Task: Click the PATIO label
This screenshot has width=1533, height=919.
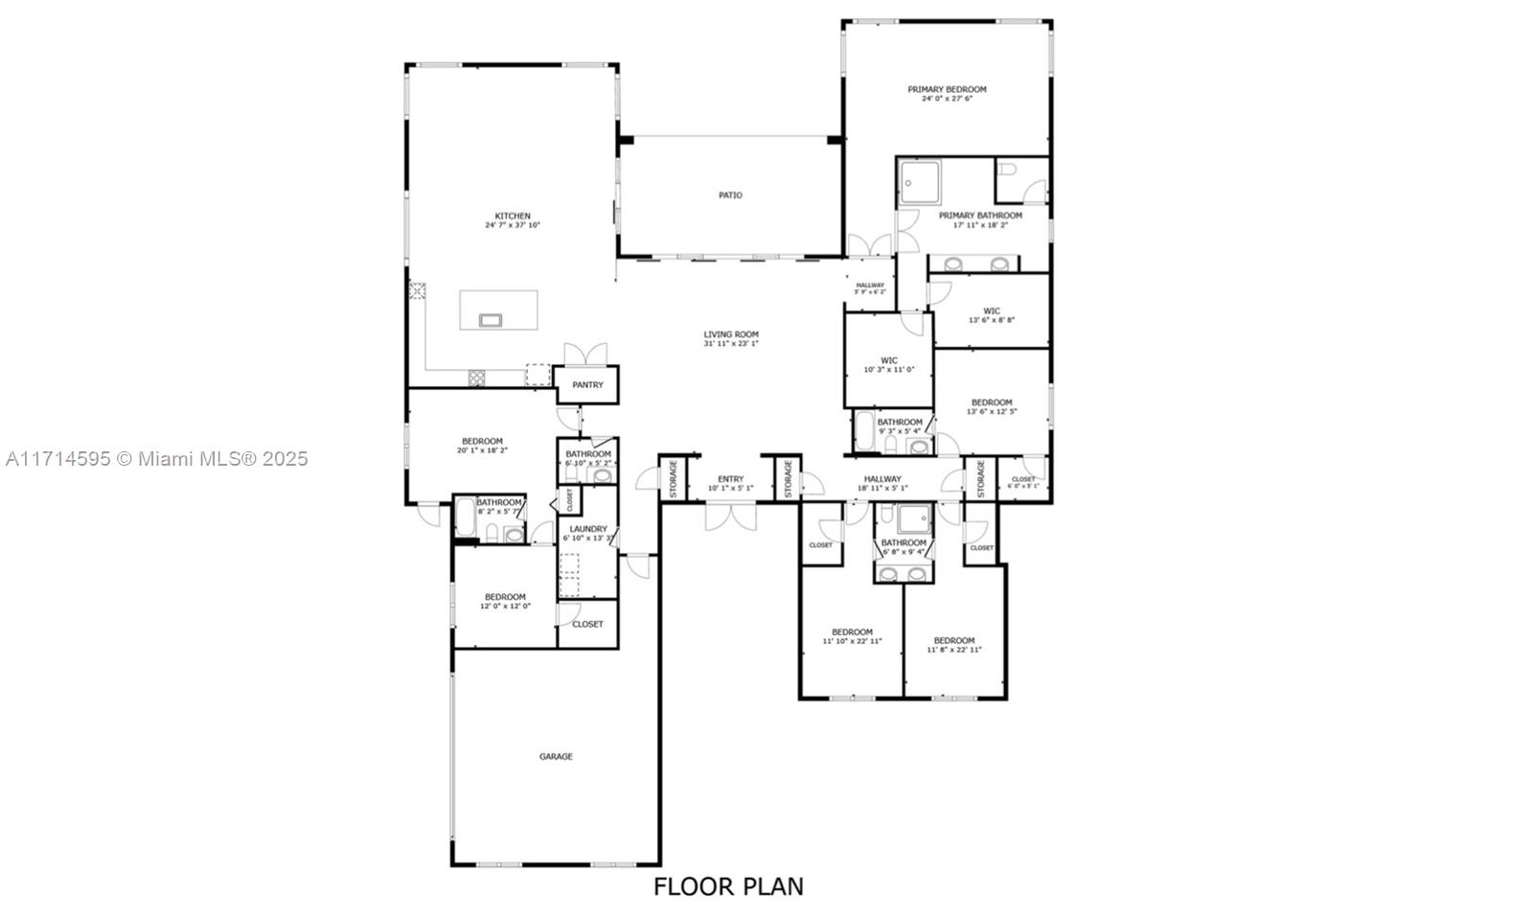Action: pos(730,195)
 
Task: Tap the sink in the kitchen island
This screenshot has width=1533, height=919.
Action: pos(490,320)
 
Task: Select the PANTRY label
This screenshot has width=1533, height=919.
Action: pos(587,385)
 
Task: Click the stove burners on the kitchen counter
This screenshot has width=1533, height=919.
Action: pos(476,378)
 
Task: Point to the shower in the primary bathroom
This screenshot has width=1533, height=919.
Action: pos(920,181)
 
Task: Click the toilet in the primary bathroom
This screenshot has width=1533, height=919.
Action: pos(1007,170)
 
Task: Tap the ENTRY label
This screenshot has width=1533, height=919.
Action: pos(730,479)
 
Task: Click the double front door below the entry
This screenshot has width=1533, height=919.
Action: pos(730,517)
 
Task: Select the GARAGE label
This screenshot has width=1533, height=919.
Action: pos(556,757)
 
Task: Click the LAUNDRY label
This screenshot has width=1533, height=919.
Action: pos(587,529)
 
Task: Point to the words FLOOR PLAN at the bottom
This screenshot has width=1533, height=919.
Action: pos(728,886)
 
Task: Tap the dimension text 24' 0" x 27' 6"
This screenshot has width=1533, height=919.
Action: pos(947,99)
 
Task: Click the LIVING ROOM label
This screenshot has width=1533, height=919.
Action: pos(731,334)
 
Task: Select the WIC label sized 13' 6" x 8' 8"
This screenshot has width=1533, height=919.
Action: pos(991,310)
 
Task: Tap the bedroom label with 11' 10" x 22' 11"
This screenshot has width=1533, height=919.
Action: pos(852,632)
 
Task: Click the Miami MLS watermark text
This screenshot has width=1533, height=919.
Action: pos(156,459)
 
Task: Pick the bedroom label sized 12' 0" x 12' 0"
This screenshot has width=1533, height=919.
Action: pos(505,597)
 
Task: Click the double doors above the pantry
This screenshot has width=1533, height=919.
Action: pos(585,354)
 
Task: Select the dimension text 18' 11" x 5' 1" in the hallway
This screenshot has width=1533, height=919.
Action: pos(882,489)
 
